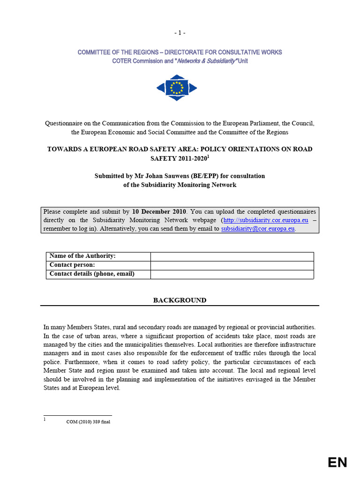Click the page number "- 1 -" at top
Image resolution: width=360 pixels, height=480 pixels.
180,33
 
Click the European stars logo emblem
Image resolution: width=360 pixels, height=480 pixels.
177,88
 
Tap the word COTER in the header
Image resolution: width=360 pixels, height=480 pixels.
122,61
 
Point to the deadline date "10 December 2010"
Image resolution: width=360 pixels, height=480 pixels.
159,211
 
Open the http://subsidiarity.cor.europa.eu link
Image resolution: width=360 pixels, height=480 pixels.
265,220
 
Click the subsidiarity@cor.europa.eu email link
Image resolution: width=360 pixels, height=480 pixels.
258,229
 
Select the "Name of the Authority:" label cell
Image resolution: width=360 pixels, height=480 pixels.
82,256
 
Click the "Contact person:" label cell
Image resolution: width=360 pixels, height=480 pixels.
72,265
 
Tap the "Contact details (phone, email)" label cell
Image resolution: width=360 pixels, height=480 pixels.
92,274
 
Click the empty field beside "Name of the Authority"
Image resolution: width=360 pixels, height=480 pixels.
232,256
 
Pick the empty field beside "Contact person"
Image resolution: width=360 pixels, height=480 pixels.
232,265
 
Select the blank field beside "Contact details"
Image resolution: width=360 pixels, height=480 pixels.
232,274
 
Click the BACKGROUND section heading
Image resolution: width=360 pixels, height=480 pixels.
180,300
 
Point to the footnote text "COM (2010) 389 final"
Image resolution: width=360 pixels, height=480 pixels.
88,421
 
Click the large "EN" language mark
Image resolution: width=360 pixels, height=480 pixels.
337,463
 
